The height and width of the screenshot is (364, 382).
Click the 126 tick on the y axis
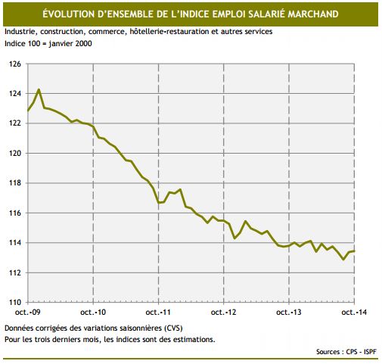coord(15,64)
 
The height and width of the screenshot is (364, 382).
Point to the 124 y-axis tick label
coord(15,94)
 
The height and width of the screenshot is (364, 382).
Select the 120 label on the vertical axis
coord(15,154)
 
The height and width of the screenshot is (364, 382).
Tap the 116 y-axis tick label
coord(15,213)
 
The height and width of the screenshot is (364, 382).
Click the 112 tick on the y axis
coord(15,272)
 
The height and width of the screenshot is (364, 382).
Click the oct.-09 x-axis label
coord(27,313)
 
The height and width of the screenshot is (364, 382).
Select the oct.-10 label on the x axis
coord(92,313)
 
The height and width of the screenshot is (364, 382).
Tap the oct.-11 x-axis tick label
coord(158,313)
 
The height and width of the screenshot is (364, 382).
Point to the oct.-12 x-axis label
coord(224,313)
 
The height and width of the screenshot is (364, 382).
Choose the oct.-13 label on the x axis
coord(290,313)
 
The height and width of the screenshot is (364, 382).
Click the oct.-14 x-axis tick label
coord(355,313)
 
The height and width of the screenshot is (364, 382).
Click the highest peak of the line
coord(39,90)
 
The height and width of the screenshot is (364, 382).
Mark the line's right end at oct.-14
coord(356,251)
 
